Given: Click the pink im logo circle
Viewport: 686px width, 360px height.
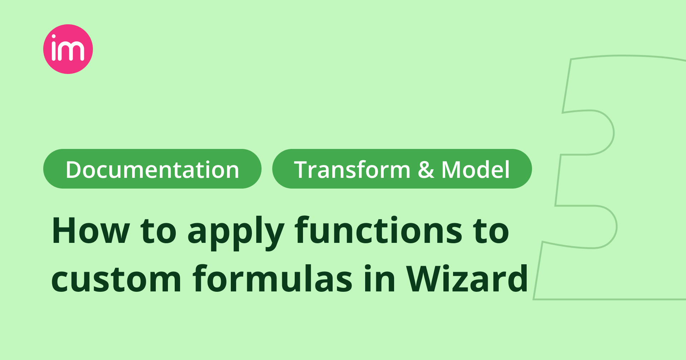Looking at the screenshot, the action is (x=68, y=49).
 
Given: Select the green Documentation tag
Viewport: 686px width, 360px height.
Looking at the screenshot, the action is (x=152, y=169).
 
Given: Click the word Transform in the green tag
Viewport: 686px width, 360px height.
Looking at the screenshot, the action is (x=352, y=170).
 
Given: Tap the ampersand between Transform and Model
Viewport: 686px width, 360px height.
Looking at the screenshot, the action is (x=426, y=170).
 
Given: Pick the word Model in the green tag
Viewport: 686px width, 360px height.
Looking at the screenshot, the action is (x=476, y=170).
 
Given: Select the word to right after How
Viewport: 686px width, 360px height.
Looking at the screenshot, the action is (x=159, y=231).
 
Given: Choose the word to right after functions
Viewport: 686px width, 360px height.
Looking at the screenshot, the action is (x=491, y=231).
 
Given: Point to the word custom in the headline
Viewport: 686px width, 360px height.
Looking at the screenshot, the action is (x=116, y=279).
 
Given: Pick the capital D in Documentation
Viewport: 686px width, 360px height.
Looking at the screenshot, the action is (x=74, y=170).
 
